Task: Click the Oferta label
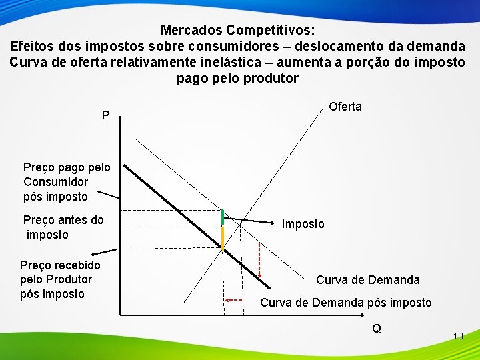pyautogui.click(x=345, y=107)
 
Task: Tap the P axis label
pyautogui.click(x=106, y=116)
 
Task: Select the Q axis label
pyautogui.click(x=377, y=328)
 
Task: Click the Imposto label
pyautogui.click(x=303, y=224)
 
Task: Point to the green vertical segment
pyautogui.click(x=223, y=217)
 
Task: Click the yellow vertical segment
pyautogui.click(x=223, y=237)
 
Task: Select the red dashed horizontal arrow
pyautogui.click(x=234, y=301)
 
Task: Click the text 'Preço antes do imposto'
pyautogui.click(x=63, y=227)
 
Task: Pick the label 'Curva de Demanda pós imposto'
pyautogui.click(x=345, y=303)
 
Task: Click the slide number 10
pyautogui.click(x=457, y=336)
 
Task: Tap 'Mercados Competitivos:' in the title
pyautogui.click(x=238, y=31)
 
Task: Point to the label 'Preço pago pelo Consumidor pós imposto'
pyautogui.click(x=61, y=181)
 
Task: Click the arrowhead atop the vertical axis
pyautogui.click(x=121, y=117)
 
